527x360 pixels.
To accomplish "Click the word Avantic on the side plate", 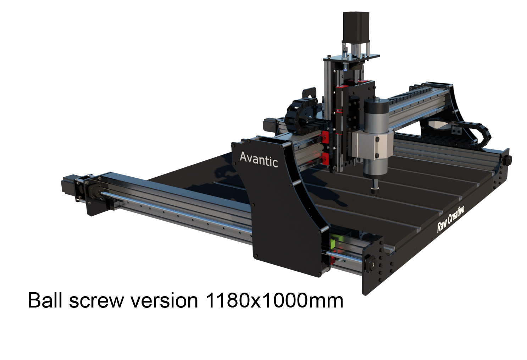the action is point(259,160).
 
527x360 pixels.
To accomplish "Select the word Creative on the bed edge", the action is point(456,215).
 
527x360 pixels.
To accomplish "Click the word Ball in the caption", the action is point(45,300).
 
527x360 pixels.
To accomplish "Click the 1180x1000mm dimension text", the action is point(274,300).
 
